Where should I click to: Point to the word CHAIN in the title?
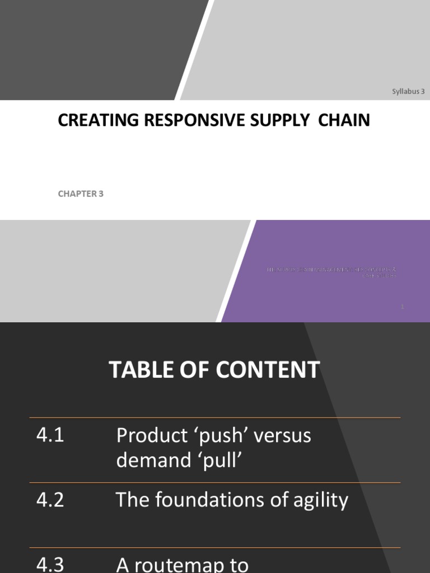click(344, 120)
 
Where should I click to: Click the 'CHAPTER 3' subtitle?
click(81, 194)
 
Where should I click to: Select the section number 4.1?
click(50, 435)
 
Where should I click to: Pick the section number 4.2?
click(50, 500)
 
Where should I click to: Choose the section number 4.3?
click(50, 564)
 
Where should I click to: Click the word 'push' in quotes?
click(212, 436)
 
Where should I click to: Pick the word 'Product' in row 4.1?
click(148, 436)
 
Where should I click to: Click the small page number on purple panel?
click(403, 306)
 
